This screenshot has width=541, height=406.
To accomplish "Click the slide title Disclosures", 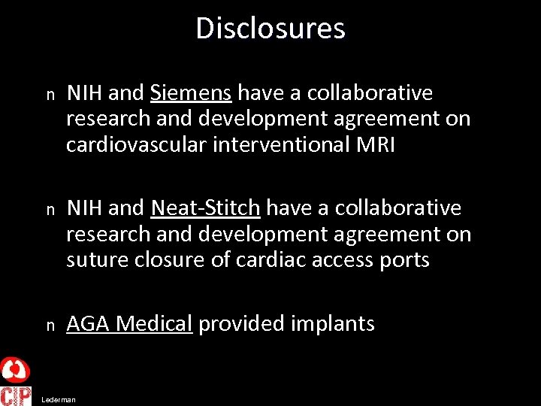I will [x=270, y=29].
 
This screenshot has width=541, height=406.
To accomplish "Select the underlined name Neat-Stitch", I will [x=205, y=208].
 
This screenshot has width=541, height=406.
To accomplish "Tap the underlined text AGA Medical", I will [x=129, y=324].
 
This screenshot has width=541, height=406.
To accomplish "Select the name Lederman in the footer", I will [x=59, y=400].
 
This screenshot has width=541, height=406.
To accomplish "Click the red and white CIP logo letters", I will [x=16, y=395].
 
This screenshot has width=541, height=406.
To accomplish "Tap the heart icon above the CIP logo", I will [x=15, y=370].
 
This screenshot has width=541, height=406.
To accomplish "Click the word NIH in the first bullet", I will [x=83, y=93].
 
